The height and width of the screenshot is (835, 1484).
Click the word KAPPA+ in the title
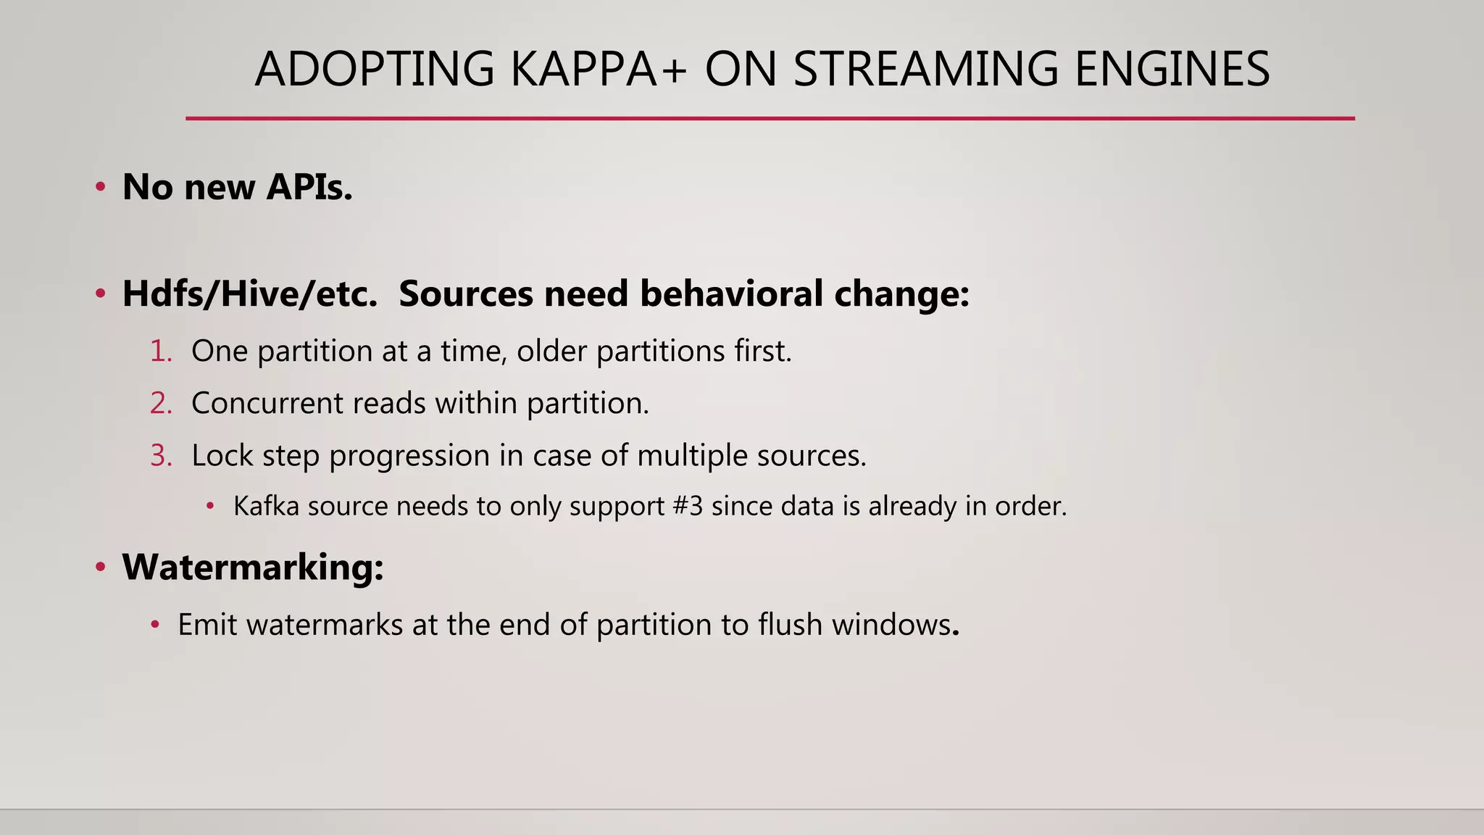coord(598,70)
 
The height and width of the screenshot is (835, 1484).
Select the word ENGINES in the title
coord(1172,70)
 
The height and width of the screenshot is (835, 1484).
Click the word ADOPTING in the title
coord(375,70)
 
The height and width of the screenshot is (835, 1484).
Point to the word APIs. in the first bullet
coord(309,187)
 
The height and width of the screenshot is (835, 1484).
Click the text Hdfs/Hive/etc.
coord(250,294)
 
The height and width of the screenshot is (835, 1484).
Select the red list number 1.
coord(161,352)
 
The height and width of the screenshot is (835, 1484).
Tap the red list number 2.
coord(161,404)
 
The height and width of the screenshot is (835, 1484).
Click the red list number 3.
coord(161,456)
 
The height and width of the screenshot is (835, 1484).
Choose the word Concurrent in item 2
coord(267,404)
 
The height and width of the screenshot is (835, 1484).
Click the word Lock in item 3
coord(222,456)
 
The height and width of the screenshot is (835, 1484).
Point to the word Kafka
coord(266,506)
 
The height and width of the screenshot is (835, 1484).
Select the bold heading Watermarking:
coord(252,567)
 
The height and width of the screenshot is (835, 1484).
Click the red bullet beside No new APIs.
coord(101,188)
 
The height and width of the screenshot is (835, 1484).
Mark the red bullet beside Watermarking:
coord(101,568)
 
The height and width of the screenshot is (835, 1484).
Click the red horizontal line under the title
coord(770,118)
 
